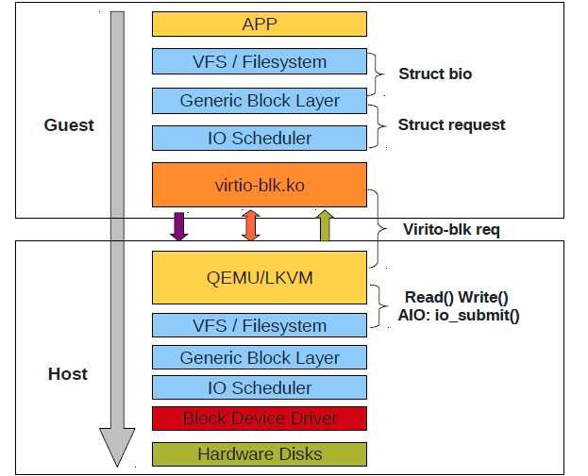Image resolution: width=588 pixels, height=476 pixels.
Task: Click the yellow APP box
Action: [259, 25]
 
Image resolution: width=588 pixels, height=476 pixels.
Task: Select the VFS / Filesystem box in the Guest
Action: [259, 62]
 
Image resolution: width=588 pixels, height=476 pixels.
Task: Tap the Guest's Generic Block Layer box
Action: [259, 100]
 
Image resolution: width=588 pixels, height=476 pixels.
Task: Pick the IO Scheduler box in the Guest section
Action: [259, 138]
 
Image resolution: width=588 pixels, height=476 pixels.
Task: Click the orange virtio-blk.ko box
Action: [259, 185]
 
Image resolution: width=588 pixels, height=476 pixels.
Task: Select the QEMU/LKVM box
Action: [259, 277]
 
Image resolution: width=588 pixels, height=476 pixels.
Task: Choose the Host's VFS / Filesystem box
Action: [259, 326]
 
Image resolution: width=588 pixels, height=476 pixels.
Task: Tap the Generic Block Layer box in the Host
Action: [259, 358]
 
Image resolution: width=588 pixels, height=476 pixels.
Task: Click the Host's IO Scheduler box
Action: [259, 388]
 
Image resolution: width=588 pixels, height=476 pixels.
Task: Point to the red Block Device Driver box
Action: [259, 419]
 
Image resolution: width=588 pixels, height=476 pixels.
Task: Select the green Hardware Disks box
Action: [259, 454]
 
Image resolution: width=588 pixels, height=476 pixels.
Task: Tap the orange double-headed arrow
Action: [250, 226]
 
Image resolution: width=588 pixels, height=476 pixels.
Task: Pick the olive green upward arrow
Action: [324, 226]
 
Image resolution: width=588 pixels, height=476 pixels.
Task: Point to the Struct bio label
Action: [435, 74]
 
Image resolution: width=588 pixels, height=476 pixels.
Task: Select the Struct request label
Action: [451, 124]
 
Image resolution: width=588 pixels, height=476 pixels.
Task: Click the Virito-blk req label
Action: [451, 229]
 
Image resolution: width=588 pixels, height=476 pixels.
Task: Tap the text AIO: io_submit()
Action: [459, 316]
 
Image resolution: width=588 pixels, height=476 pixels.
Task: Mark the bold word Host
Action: [68, 374]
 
